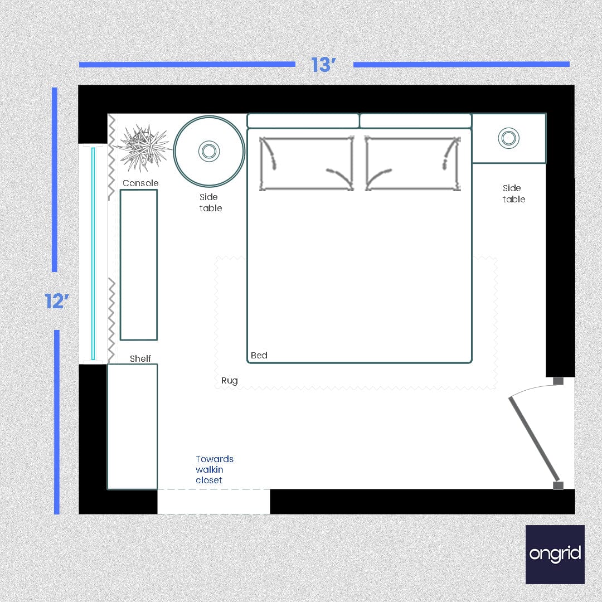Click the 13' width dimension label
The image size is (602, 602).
tap(324, 65)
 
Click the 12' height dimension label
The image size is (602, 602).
tap(57, 302)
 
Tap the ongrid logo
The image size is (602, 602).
tap(555, 554)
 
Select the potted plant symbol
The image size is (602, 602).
tap(142, 147)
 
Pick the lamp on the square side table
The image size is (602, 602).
tap(508, 138)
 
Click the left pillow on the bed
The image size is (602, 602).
tap(306, 163)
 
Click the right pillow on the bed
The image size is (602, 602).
tap(413, 163)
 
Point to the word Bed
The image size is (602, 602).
tap(259, 355)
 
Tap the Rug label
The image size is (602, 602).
tap(229, 381)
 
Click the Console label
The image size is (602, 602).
tap(140, 183)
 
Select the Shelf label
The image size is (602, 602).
tap(140, 358)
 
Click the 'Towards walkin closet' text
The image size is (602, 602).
tap(214, 469)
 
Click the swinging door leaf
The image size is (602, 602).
tap(533, 438)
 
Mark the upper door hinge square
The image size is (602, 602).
tap(558, 381)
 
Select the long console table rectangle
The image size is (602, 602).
tap(139, 265)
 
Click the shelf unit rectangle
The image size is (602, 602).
tap(132, 426)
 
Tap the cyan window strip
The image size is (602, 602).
tap(93, 254)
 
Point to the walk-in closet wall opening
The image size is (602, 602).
tap(213, 501)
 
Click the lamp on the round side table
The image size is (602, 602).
tap(209, 151)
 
